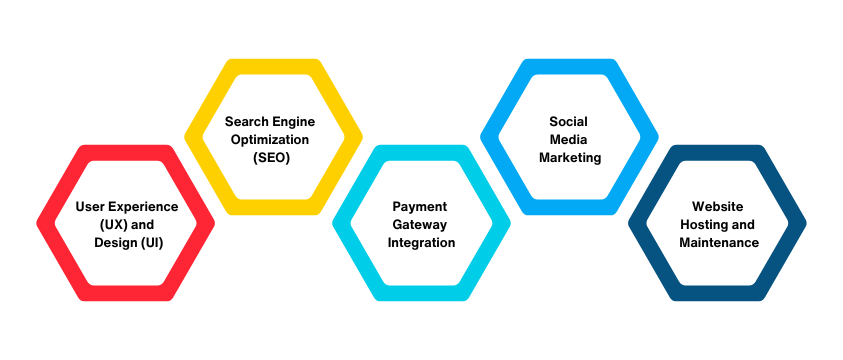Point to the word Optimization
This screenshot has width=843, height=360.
[x=270, y=140]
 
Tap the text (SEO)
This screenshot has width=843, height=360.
[x=270, y=158]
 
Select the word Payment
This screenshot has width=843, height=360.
[x=418, y=207]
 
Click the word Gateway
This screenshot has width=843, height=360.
[x=418, y=225]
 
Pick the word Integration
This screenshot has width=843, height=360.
[x=418, y=243]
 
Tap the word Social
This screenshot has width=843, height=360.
[x=567, y=122]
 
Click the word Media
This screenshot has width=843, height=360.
[x=567, y=140]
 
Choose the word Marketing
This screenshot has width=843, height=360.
[x=567, y=158]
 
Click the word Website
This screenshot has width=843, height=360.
[x=717, y=207]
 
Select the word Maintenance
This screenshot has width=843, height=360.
[x=717, y=243]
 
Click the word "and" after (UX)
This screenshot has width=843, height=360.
[x=144, y=225]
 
